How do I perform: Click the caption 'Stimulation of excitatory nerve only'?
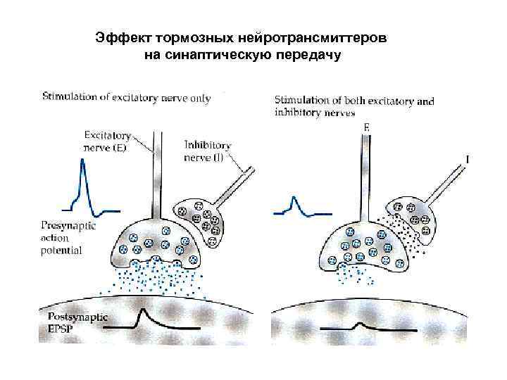click(126, 98)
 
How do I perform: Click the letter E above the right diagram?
click(367, 127)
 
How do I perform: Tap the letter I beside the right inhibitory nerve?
click(468, 161)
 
